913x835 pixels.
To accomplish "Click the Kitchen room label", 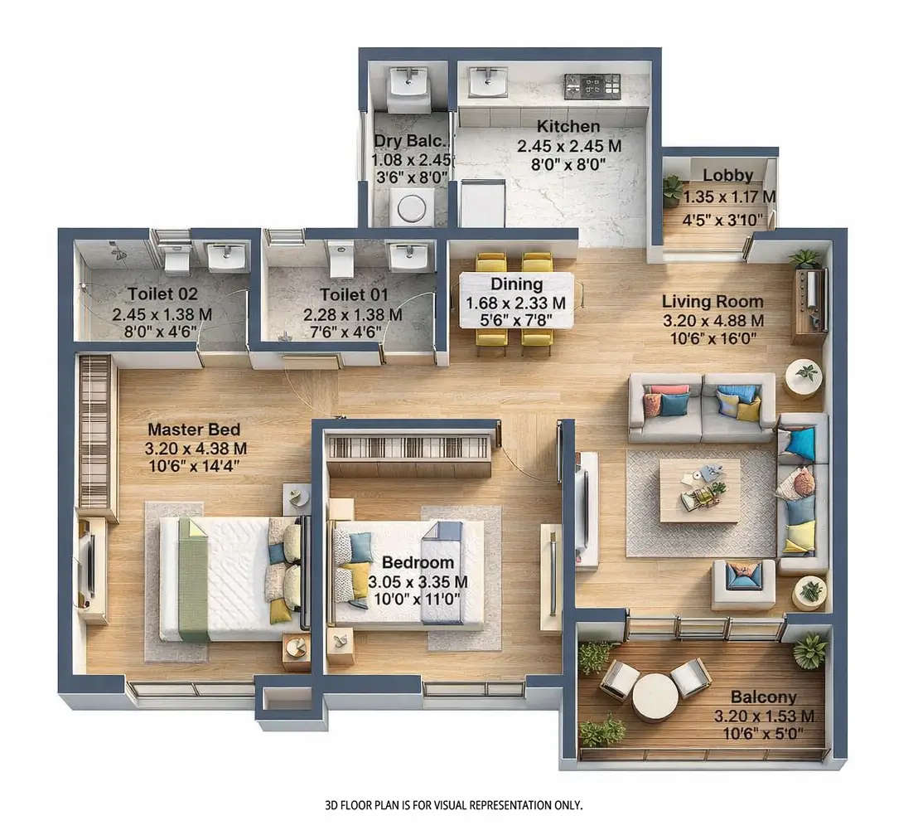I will click(x=568, y=127).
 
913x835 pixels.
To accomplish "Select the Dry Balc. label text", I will click(x=411, y=141).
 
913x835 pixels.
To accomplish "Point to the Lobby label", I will click(x=727, y=176).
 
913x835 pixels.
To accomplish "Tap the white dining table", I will click(x=516, y=300).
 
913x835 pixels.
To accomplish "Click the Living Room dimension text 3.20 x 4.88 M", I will click(x=713, y=321).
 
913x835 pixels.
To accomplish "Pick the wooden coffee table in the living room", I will click(x=700, y=490).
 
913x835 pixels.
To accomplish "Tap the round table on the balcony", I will click(x=655, y=697).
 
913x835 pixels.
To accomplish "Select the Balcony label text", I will click(x=763, y=697).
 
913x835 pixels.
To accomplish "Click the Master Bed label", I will click(x=194, y=430).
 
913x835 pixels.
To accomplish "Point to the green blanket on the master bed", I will click(x=192, y=580).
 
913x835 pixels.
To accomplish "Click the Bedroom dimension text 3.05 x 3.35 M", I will click(x=418, y=581).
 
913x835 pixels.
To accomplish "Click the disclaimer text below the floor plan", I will click(x=454, y=805).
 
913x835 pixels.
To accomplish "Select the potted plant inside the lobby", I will click(x=673, y=191).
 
